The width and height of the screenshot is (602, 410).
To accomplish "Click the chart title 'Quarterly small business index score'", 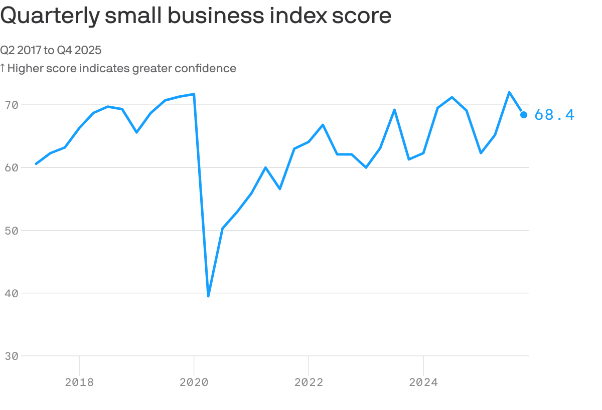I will pyautogui.click(x=196, y=16).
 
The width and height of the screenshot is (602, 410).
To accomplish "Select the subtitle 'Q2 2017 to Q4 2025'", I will pyautogui.click(x=51, y=50).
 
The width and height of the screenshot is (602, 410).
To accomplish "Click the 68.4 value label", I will pyautogui.click(x=554, y=115).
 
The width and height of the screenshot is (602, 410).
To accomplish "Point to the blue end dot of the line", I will pyautogui.click(x=524, y=115).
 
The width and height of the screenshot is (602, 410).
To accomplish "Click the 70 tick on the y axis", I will pyautogui.click(x=12, y=105).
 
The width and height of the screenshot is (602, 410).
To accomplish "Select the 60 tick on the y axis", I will pyautogui.click(x=12, y=167).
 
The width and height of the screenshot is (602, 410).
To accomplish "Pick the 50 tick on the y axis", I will pyautogui.click(x=12, y=231).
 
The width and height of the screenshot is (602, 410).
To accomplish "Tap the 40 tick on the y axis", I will pyautogui.click(x=12, y=293).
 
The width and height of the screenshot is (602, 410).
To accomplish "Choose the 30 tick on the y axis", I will pyautogui.click(x=12, y=356).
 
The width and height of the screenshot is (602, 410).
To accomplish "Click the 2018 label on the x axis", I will pyautogui.click(x=79, y=382).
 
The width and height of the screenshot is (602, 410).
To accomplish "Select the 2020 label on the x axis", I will pyautogui.click(x=194, y=382).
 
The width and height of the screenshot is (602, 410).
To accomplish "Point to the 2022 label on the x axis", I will pyautogui.click(x=309, y=382).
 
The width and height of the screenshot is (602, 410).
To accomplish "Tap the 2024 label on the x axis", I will pyautogui.click(x=423, y=382).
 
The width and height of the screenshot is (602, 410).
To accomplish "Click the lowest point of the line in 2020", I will pyautogui.click(x=208, y=296).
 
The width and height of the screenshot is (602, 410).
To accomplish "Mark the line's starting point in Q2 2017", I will pyautogui.click(x=36, y=163).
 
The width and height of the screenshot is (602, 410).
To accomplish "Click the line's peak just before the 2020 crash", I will pyautogui.click(x=194, y=94).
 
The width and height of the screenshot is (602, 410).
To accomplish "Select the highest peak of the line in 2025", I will pyautogui.click(x=509, y=92).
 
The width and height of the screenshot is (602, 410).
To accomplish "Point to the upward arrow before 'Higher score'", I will pyautogui.click(x=3, y=68).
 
